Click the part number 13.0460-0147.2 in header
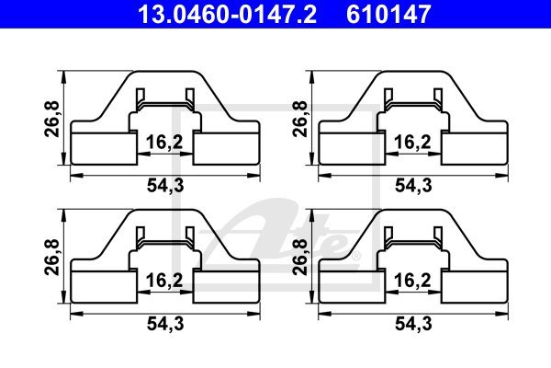(x=228, y=14)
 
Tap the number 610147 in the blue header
(x=388, y=14)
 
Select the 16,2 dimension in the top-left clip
(x=164, y=143)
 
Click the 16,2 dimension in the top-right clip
(x=412, y=143)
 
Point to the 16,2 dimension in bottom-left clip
(x=164, y=281)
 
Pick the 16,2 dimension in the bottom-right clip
(x=412, y=281)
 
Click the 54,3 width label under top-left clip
(x=165, y=185)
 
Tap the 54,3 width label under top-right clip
(x=413, y=185)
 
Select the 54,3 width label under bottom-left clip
(x=165, y=324)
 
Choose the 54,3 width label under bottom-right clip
(x=413, y=324)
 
